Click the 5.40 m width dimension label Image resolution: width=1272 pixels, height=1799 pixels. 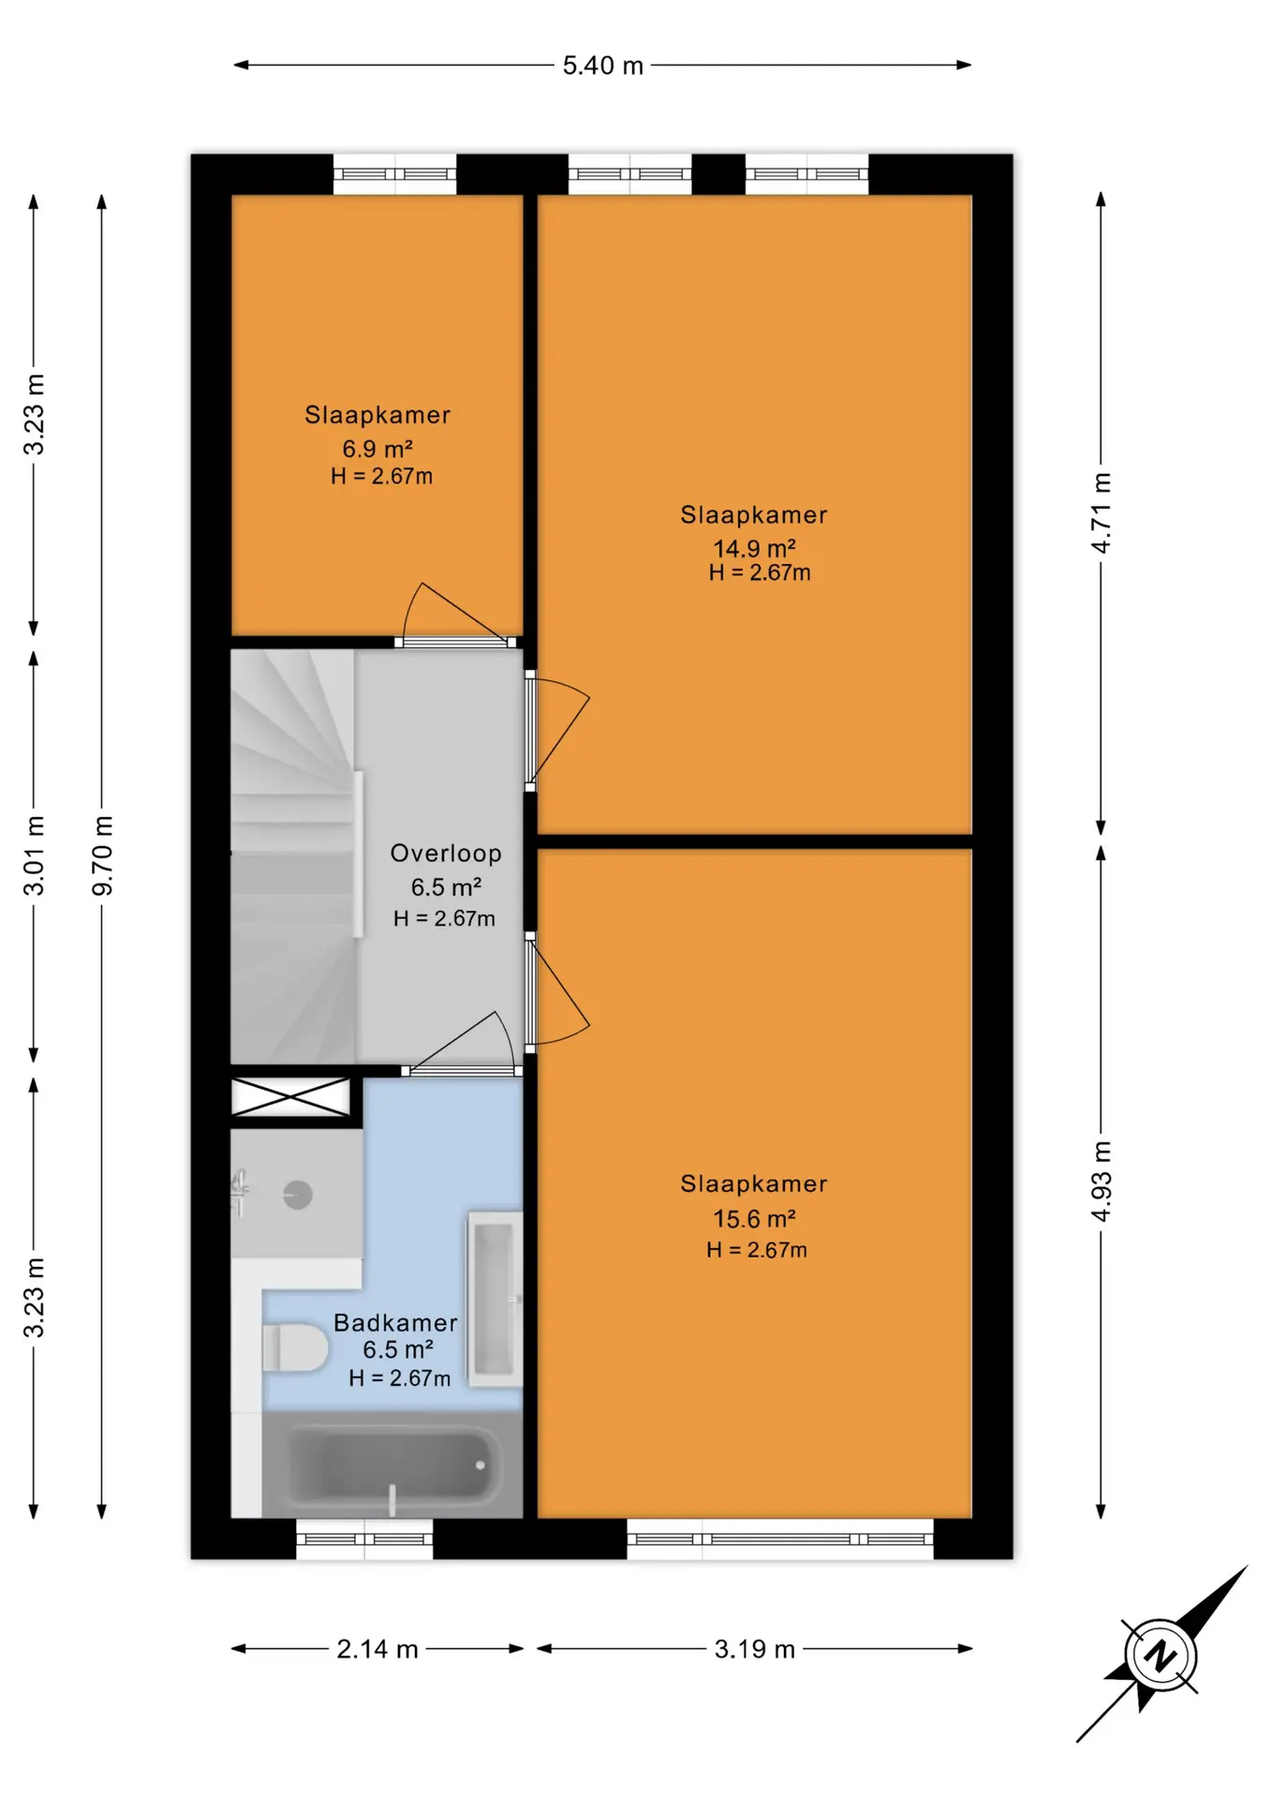click(602, 66)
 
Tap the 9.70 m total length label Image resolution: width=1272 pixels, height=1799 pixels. click(102, 855)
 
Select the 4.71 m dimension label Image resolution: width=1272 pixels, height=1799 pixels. click(1102, 513)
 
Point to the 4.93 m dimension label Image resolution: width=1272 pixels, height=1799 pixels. click(1102, 1181)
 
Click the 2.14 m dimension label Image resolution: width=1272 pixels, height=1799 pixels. click(377, 1649)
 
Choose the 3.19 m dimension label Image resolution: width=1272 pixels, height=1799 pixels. click(754, 1649)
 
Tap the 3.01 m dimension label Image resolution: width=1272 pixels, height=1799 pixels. click(34, 855)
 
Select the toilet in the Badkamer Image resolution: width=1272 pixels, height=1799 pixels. click(295, 1348)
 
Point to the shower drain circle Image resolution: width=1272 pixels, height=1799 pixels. click(298, 1195)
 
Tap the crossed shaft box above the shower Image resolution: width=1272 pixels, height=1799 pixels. click(290, 1097)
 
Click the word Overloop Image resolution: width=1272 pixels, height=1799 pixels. click(446, 854)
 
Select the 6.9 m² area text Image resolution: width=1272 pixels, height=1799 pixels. click(377, 449)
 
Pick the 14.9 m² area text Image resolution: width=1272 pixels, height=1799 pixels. click(754, 548)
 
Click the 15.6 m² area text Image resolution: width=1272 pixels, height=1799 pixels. click(754, 1218)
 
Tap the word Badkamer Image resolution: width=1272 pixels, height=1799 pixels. click(395, 1323)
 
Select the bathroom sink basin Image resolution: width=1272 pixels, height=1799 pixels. click(495, 1299)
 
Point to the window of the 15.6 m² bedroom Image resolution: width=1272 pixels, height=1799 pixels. click(780, 1539)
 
